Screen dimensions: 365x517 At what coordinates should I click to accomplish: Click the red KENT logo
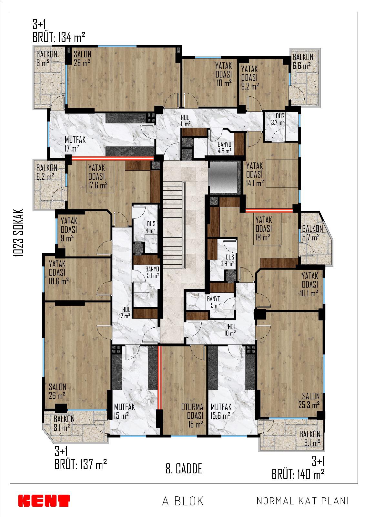click(44, 501)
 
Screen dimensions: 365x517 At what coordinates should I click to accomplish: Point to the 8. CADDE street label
click(184, 469)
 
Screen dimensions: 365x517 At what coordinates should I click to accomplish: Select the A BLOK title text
click(183, 501)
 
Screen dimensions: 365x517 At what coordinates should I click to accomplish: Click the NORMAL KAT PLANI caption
click(302, 501)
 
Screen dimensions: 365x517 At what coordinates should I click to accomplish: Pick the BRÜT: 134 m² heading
click(59, 37)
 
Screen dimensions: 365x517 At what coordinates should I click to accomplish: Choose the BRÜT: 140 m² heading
click(298, 474)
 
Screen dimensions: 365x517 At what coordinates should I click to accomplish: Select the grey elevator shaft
click(223, 177)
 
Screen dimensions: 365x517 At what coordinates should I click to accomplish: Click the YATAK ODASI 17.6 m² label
click(98, 176)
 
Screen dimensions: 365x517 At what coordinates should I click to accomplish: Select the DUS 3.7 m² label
click(278, 119)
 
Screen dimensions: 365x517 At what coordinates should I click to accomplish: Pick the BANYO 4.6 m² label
click(224, 148)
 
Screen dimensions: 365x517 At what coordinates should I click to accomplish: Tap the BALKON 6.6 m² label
click(303, 61)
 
